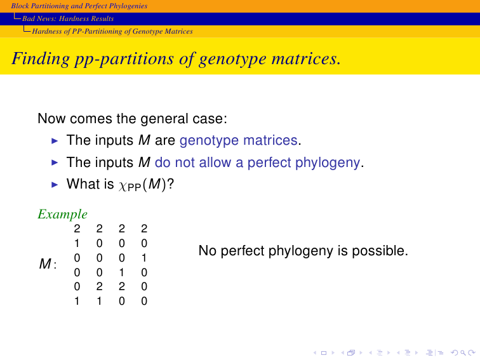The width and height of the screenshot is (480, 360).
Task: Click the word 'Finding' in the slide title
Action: [x=41, y=58]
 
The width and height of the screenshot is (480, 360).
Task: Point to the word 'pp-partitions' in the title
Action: [x=124, y=59]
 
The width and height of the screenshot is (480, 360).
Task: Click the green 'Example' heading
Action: [x=63, y=215]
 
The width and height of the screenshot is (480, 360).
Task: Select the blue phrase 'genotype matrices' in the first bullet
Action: [x=239, y=140]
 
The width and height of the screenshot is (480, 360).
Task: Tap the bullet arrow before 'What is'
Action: [x=55, y=185]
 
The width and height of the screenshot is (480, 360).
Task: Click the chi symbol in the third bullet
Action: [x=123, y=185]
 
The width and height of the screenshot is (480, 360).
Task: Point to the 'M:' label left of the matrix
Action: [x=48, y=263]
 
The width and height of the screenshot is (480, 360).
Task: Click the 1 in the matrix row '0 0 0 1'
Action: [x=144, y=258]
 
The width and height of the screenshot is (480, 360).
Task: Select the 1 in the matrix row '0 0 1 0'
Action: [x=122, y=272]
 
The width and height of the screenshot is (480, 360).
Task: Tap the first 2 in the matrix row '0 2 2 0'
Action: [x=99, y=286]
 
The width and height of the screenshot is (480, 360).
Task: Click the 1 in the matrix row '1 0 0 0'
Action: [x=77, y=243]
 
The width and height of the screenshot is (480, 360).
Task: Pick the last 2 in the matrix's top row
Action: [x=144, y=229]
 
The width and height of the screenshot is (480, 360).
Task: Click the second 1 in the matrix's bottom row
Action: [x=99, y=301]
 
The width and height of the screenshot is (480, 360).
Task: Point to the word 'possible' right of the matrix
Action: [x=380, y=251]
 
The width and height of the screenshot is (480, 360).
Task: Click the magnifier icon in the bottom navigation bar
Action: [x=463, y=353]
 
